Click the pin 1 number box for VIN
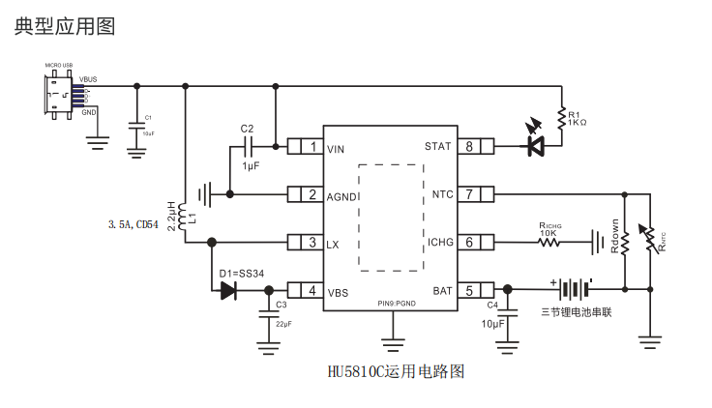312,148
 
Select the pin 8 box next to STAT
469,147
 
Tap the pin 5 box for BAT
469,290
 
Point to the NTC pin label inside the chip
442,195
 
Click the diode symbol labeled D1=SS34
228,290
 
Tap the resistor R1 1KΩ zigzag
561,118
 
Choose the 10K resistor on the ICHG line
549,243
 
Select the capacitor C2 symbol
250,147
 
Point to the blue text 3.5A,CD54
133,224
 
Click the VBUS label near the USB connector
88,78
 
